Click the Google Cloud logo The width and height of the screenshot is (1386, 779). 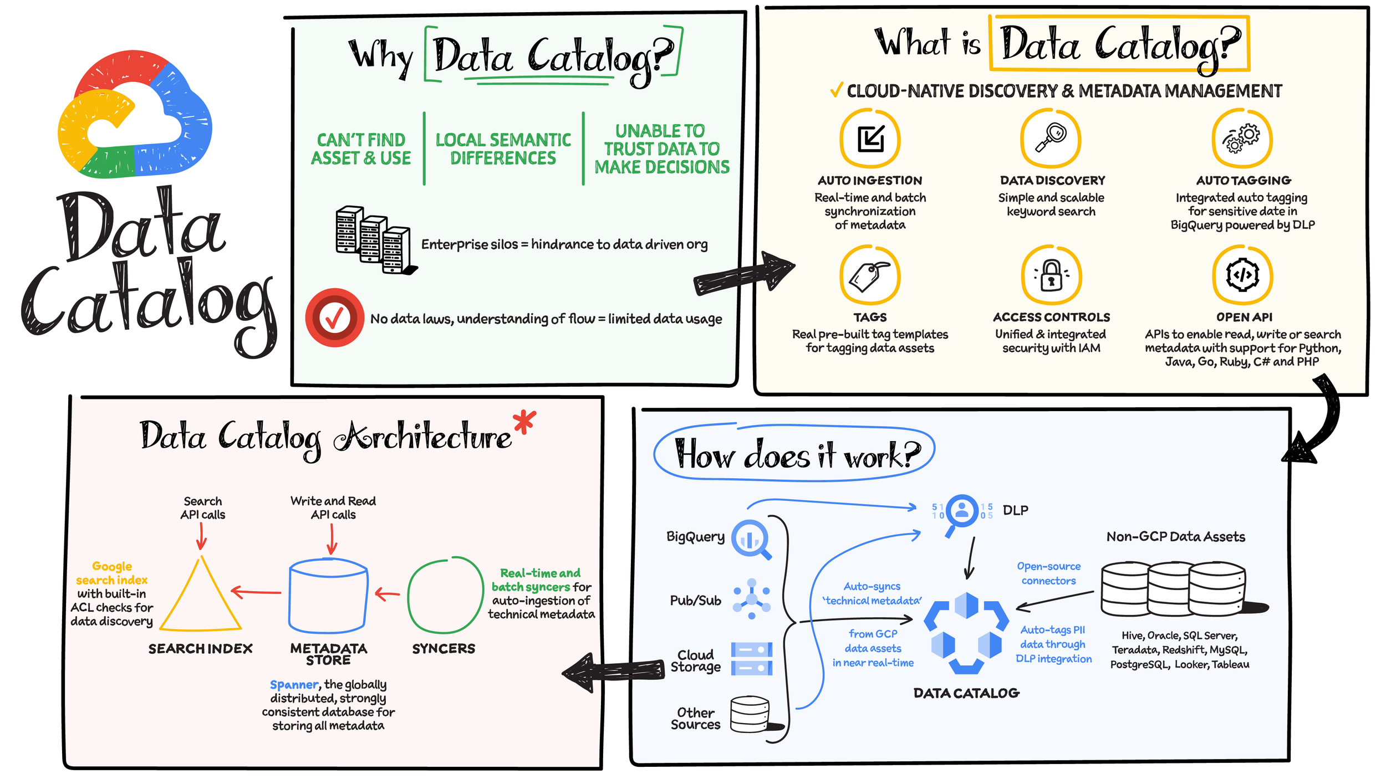pyautogui.click(x=135, y=114)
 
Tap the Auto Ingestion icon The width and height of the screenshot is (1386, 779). pyautogui.click(x=870, y=138)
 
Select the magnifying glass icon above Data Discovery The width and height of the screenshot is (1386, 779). pyautogui.click(x=1051, y=138)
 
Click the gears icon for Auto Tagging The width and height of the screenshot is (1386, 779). pyautogui.click(x=1242, y=138)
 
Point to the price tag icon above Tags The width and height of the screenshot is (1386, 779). pyautogui.click(x=870, y=275)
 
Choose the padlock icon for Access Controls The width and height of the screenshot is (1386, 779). pyautogui.click(x=1051, y=275)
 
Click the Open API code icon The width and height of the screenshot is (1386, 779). pyautogui.click(x=1242, y=275)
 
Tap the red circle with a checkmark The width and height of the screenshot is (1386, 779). pyautogui.click(x=334, y=317)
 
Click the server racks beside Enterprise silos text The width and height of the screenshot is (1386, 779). pyautogui.click(x=376, y=239)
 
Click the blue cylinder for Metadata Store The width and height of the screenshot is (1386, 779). pyautogui.click(x=328, y=596)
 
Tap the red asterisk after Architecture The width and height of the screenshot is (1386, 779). pyautogui.click(x=524, y=422)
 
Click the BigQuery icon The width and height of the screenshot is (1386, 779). pyautogui.click(x=751, y=539)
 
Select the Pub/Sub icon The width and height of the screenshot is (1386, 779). pyautogui.click(x=752, y=599)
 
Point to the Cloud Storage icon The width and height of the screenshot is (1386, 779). pyautogui.click(x=751, y=659)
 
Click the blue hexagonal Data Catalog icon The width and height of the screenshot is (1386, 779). pyautogui.click(x=966, y=633)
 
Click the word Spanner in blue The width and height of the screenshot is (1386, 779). pyautogui.click(x=294, y=685)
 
